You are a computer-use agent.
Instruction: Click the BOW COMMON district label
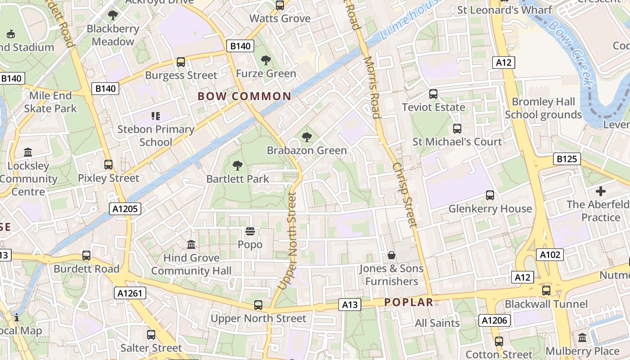tap(244, 96)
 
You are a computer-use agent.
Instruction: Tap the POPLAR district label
tap(409, 302)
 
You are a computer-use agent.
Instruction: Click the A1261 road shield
tap(130, 293)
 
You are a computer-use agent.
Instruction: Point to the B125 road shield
tap(567, 158)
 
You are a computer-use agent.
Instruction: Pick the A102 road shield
tap(550, 255)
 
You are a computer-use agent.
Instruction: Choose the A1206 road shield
tap(495, 320)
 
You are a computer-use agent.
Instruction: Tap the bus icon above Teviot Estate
tap(433, 94)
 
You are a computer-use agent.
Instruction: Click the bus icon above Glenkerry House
tap(490, 195)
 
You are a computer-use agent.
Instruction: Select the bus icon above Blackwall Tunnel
tap(546, 290)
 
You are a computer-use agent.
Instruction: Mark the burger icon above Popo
tap(250, 231)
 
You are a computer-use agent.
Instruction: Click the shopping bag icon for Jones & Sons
tap(391, 255)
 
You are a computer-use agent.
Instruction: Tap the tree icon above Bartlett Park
tap(237, 166)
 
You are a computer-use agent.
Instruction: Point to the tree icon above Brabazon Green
tap(307, 137)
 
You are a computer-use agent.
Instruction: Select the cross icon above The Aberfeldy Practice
tap(600, 191)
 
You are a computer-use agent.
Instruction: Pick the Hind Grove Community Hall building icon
tap(191, 245)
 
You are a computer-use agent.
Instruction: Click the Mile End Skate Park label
tap(50, 102)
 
